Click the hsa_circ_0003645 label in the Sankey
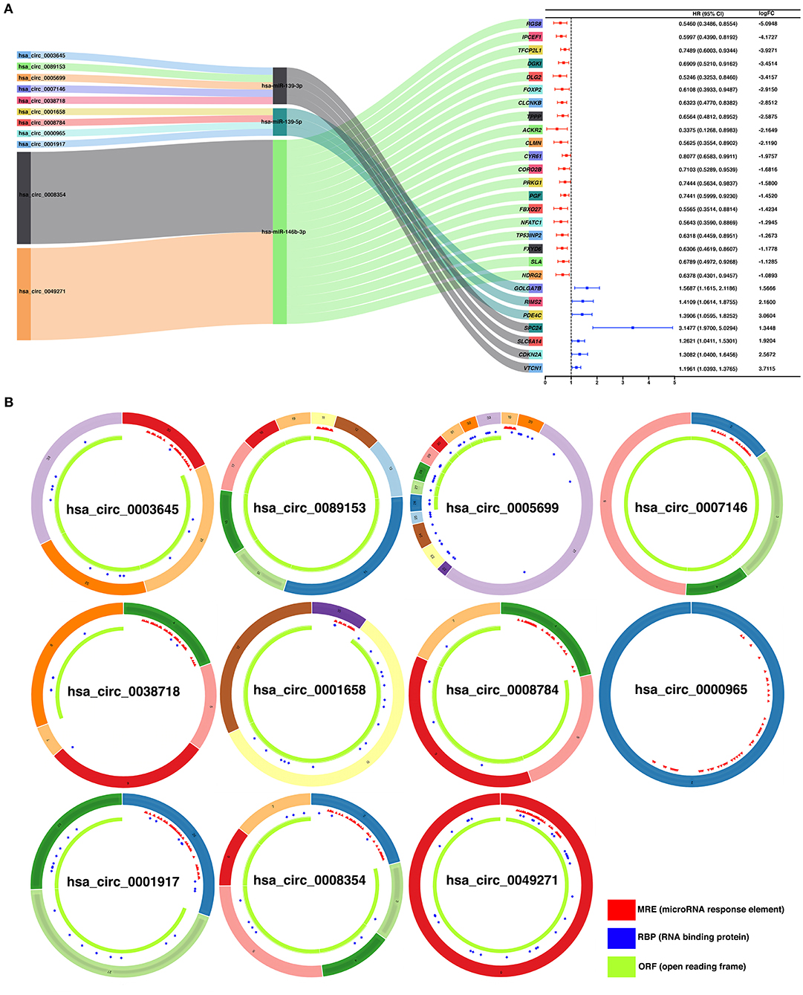coord(42,56)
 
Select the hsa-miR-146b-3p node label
coord(283,232)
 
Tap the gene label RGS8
coord(534,24)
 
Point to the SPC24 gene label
coord(533,328)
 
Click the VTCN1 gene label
coord(532,368)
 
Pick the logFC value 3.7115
coord(767,369)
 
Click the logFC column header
coord(766,13)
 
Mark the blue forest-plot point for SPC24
coord(632,328)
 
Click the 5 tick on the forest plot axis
coord(674,382)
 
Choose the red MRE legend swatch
coord(621,910)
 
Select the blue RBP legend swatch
coord(621,938)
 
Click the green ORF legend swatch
coord(621,966)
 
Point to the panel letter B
coord(9,402)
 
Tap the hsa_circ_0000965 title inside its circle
coord(691,690)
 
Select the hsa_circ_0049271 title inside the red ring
coord(502,881)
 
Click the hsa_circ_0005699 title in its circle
coord(502,508)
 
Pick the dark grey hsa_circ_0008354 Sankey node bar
coord(24,198)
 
